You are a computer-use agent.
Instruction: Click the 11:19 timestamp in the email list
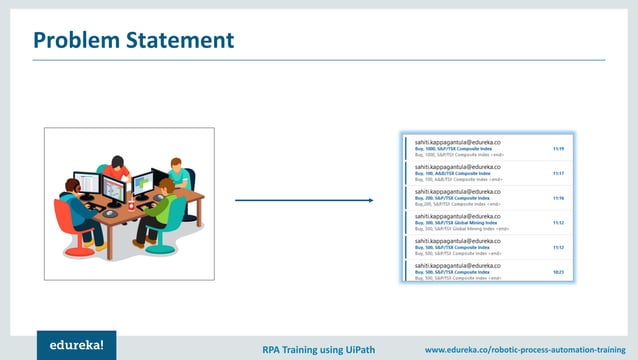click(x=558, y=149)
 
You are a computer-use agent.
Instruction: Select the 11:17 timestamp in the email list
click(x=558, y=173)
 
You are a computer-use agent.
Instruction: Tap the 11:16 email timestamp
click(x=558, y=198)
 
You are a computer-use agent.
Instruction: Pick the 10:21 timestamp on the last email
click(x=558, y=271)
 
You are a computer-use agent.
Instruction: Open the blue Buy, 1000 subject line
click(x=455, y=149)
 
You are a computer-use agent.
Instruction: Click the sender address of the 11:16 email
click(x=458, y=191)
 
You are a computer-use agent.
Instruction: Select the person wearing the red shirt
click(x=119, y=169)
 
